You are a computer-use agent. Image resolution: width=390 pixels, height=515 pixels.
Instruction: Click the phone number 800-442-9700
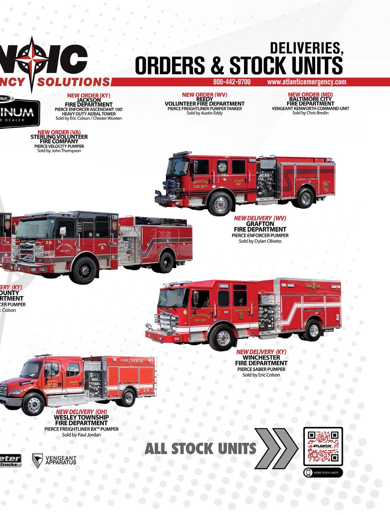[232, 82]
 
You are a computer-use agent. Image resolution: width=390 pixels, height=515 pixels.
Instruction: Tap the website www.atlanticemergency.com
[306, 82]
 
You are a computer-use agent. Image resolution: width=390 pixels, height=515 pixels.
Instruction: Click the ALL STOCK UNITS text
[200, 449]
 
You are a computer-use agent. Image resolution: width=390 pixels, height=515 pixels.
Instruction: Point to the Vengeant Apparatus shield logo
[37, 460]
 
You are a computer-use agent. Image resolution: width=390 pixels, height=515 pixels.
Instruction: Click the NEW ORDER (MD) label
[310, 94]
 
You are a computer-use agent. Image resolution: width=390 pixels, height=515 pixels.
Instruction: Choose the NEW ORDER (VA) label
[57, 132]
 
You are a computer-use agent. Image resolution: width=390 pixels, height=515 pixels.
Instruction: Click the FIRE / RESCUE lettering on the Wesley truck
[132, 361]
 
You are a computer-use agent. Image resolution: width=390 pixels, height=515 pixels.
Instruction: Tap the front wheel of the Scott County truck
[84, 269]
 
